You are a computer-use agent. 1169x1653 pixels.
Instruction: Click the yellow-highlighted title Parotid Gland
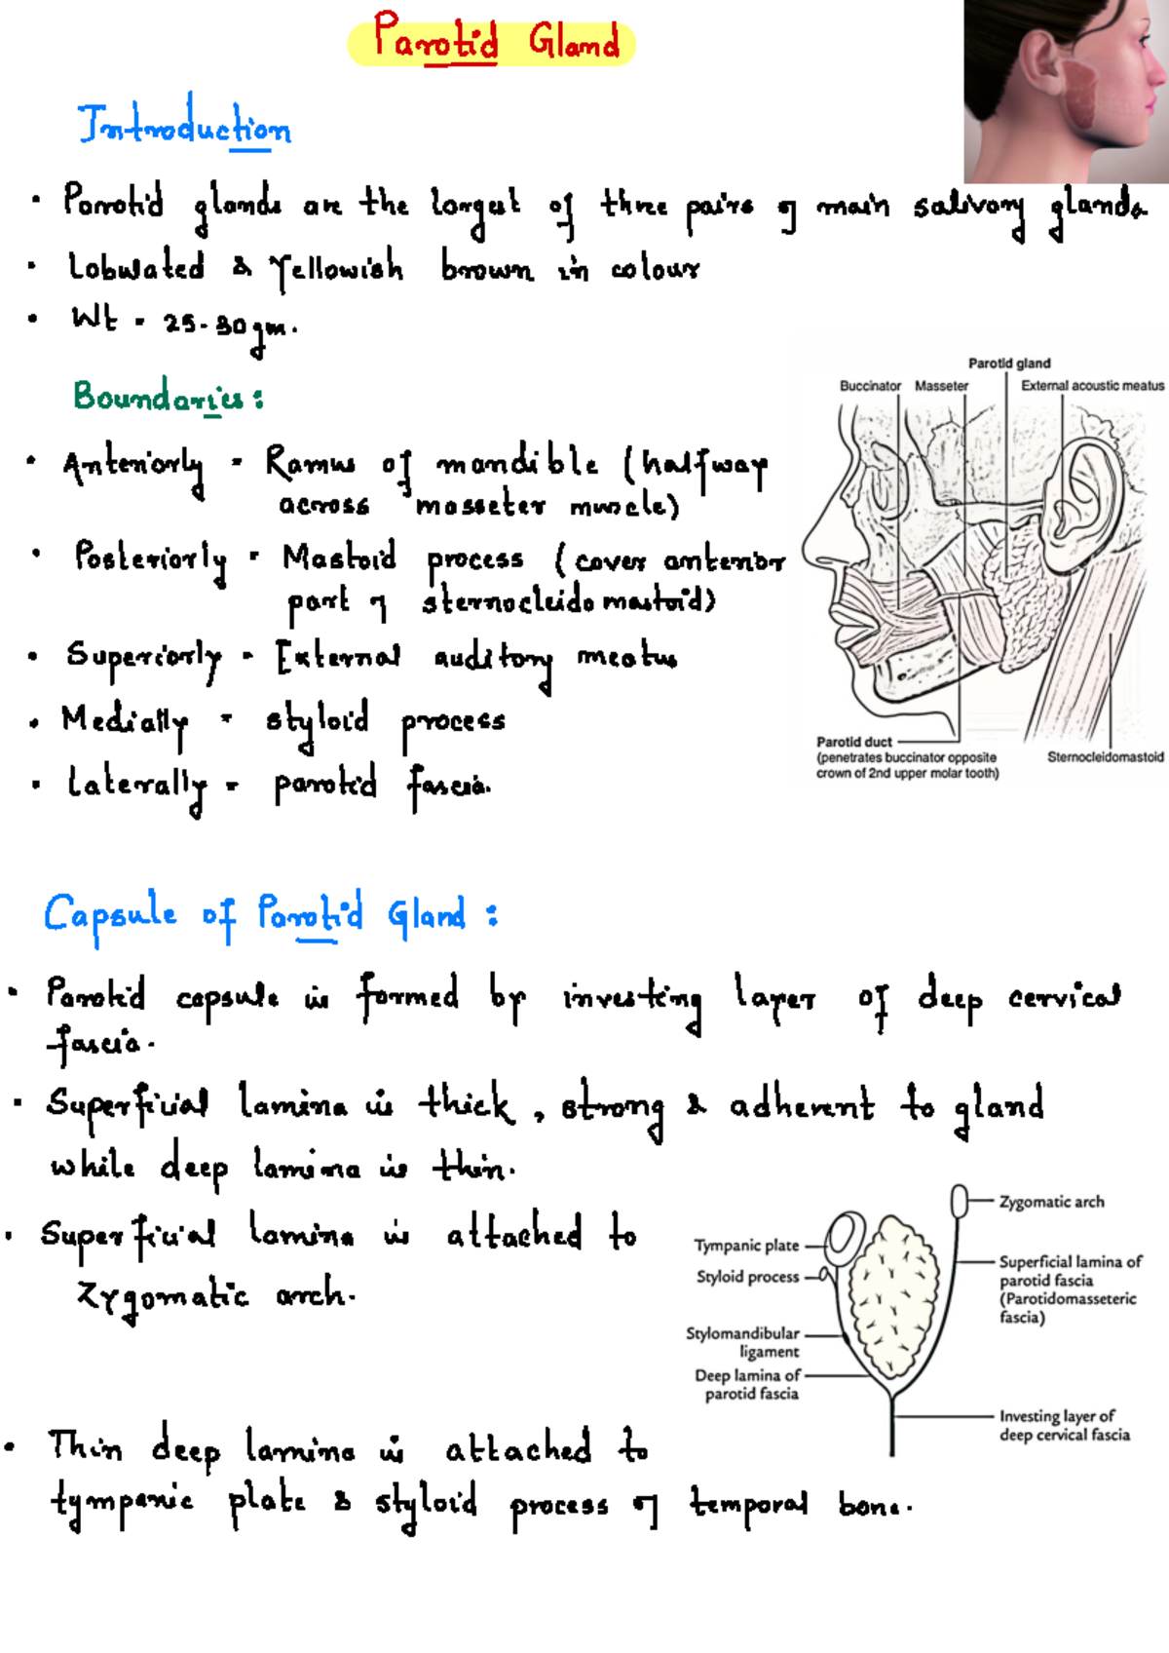coord(494,42)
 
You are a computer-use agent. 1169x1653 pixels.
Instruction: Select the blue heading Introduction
coord(184,125)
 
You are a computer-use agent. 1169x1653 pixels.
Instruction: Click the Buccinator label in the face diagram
coord(870,386)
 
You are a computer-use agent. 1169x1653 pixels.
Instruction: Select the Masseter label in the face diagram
coord(941,386)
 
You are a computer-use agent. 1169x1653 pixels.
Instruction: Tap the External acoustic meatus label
coord(1092,386)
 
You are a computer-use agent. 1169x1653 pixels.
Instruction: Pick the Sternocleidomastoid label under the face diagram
coord(1106,756)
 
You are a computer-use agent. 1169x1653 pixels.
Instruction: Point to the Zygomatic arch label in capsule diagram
coord(1052,1202)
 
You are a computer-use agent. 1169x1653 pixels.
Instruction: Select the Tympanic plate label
coord(746,1246)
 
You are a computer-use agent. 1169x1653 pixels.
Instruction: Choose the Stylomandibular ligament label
coord(742,1342)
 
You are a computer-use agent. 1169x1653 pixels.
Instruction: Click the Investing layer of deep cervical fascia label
coord(1064,1425)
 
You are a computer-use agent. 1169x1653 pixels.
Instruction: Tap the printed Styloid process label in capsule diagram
coord(747,1277)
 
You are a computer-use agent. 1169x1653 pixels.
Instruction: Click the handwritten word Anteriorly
coord(133,468)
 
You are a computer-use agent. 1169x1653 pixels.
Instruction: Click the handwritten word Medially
coord(125,722)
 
